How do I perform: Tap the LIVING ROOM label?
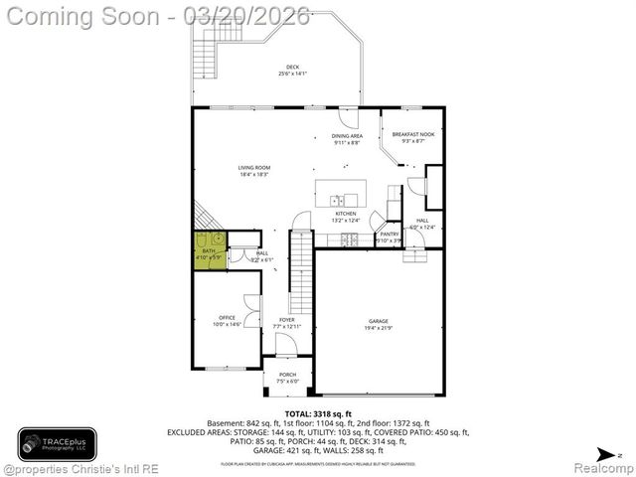click(x=254, y=171)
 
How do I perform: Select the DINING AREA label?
click(x=347, y=138)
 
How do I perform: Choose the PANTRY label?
click(x=390, y=237)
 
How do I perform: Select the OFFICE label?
click(x=227, y=320)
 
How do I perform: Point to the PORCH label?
click(x=287, y=377)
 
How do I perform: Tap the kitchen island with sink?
click(x=340, y=192)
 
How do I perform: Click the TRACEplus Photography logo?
click(x=57, y=442)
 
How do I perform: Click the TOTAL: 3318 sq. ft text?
click(x=318, y=413)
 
